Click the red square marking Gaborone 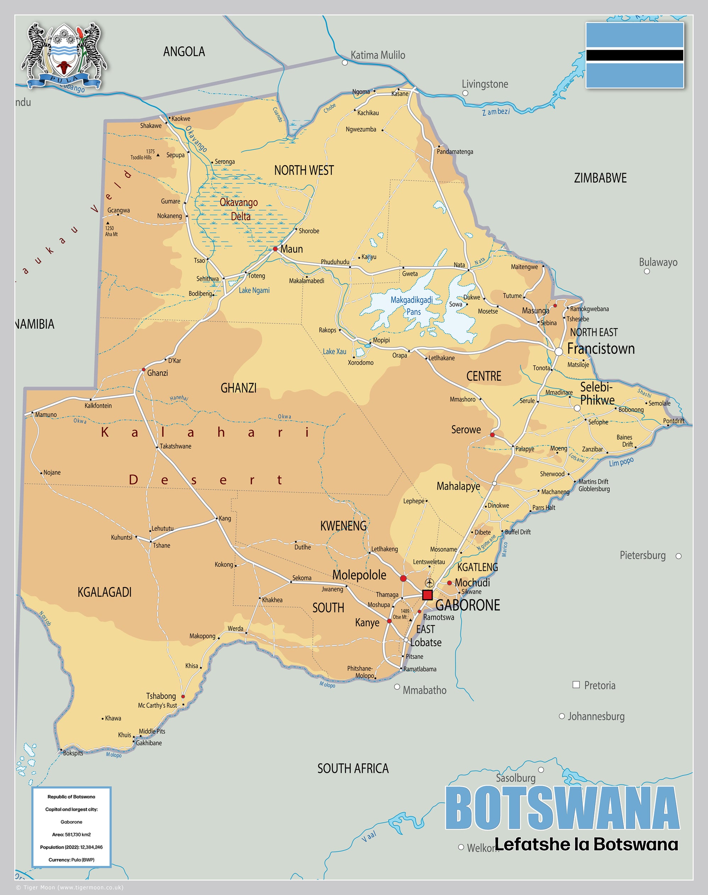427,595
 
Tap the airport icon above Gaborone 430,583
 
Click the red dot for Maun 275,249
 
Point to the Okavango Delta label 239,209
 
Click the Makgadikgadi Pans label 411,305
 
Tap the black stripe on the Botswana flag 634,55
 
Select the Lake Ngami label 254,291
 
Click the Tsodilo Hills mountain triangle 158,155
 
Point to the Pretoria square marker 576,685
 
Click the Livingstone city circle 465,93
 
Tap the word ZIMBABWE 600,178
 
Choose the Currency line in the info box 71,860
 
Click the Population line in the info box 71,847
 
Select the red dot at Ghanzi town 143,369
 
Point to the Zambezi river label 496,112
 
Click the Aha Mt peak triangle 108,223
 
